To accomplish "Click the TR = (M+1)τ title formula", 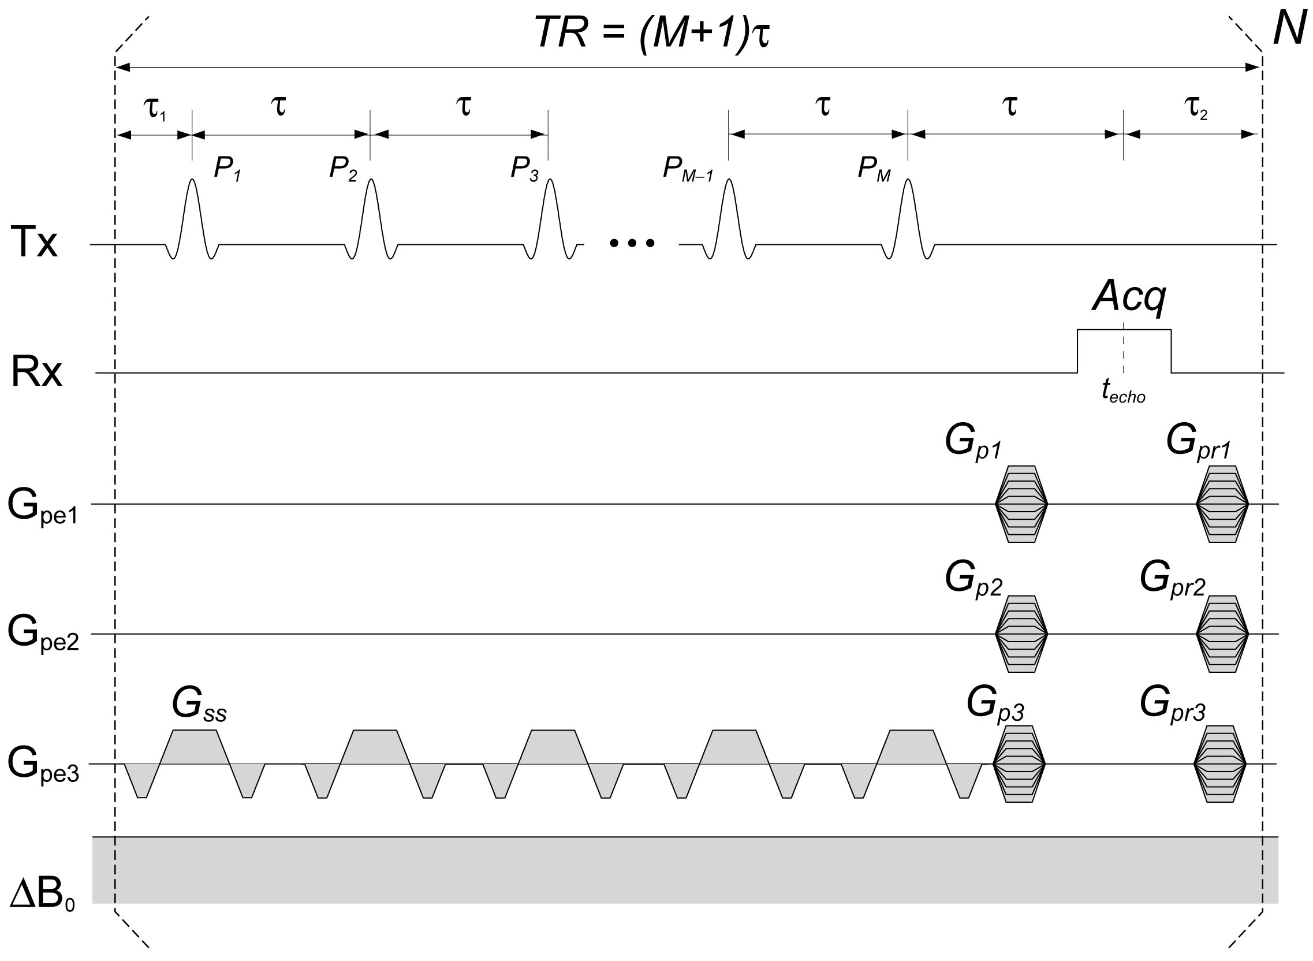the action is [652, 33].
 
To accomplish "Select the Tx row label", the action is [34, 243].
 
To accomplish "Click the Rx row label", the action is [36, 373].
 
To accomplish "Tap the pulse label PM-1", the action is [687, 169].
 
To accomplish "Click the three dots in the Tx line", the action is [632, 243].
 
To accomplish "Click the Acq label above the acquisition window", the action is [1129, 297].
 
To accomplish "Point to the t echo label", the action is [1123, 392].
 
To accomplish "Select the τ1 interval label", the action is [154, 108].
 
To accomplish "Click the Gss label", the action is [199, 705].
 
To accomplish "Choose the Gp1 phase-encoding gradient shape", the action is [1021, 504].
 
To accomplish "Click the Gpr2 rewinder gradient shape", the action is [1222, 634].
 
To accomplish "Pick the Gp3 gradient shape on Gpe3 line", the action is [1019, 764].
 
